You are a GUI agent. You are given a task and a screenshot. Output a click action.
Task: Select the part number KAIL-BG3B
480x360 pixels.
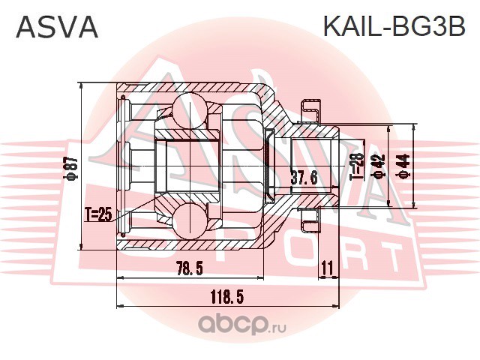click(393, 27)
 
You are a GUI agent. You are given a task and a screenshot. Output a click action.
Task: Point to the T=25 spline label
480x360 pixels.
click(98, 216)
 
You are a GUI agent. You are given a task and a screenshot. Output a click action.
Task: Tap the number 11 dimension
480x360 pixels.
click(325, 268)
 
